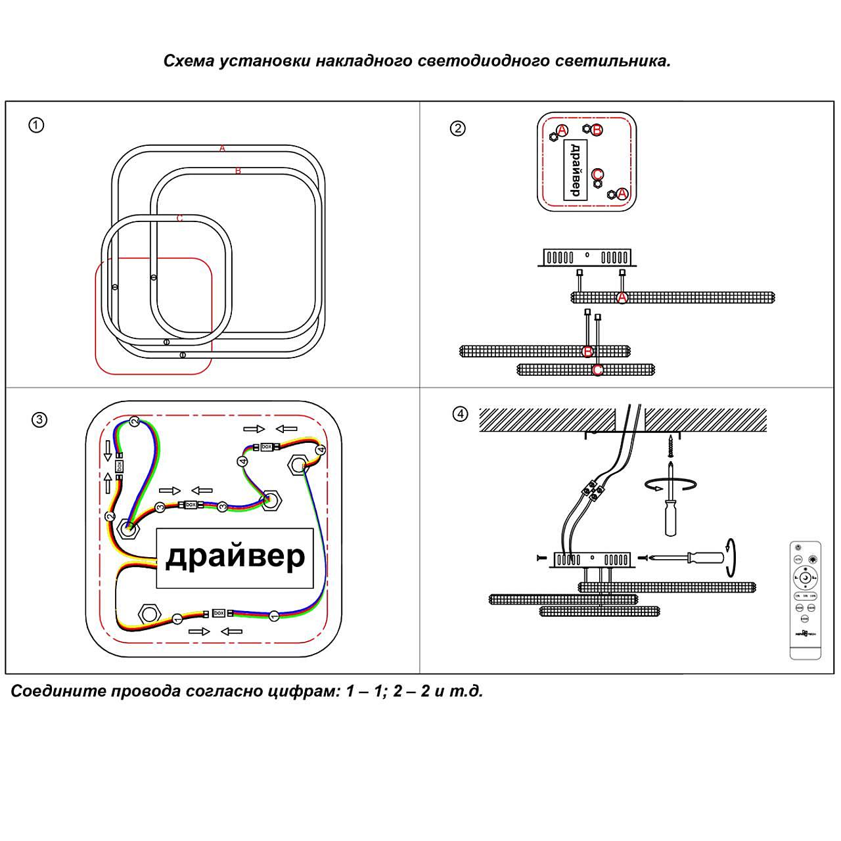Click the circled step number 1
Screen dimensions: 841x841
coord(36,125)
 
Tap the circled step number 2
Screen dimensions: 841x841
coord(457,128)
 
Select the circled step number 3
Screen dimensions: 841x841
coord(39,420)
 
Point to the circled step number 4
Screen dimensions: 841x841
coord(460,414)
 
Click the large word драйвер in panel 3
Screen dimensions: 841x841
coord(235,557)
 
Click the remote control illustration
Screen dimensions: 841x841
coord(805,599)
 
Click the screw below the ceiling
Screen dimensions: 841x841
coord(670,446)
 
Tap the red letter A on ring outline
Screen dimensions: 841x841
coord(223,148)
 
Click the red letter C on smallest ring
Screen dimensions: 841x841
coord(180,218)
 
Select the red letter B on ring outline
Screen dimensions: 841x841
coord(238,171)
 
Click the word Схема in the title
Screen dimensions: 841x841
coord(189,61)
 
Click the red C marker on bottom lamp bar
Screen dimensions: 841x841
coord(597,370)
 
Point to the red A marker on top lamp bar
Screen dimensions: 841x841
coord(622,298)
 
